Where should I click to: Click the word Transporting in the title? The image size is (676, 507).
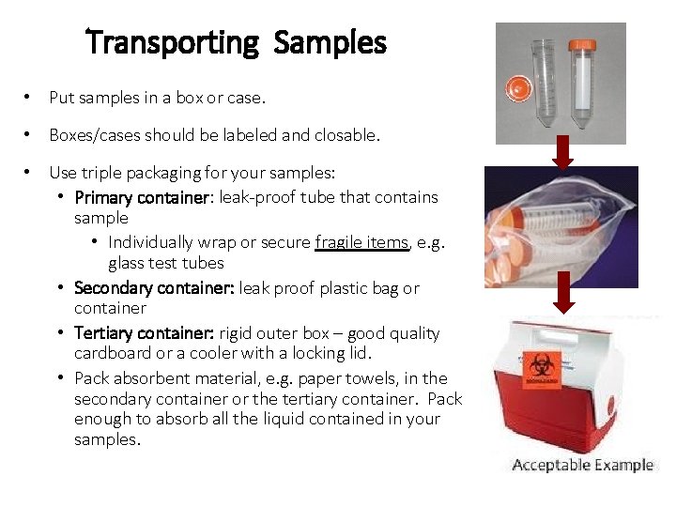172,43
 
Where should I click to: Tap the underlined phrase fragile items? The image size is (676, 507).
361,242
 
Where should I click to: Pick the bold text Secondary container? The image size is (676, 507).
154,288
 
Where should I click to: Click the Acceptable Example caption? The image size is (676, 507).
582,466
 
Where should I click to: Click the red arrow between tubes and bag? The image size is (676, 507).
562,149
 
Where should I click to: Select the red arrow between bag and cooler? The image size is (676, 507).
562,293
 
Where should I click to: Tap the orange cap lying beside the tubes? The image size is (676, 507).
515,89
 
